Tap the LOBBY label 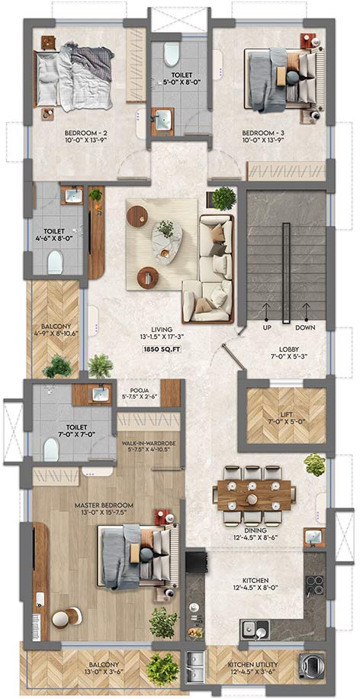(x=288, y=351)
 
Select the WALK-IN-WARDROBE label (x=149, y=442)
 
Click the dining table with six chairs (x=256, y=494)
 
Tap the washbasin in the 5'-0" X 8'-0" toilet (x=162, y=118)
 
